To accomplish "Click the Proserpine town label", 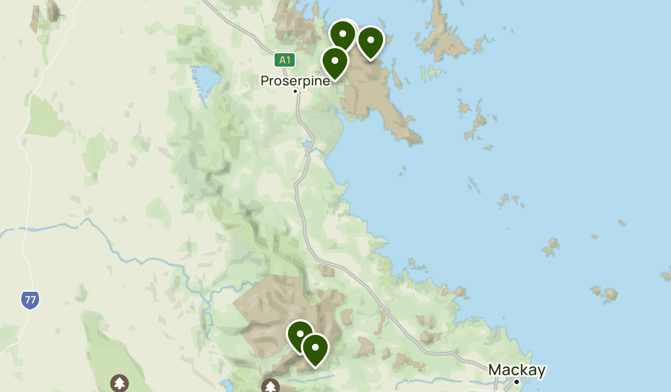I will click(295, 81).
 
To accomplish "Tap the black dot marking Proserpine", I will click(295, 91).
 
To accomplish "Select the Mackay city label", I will click(517, 370).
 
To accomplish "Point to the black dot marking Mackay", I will click(517, 382).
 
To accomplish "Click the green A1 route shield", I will click(285, 60).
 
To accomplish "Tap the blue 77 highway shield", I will click(30, 300).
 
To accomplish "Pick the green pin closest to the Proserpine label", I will click(335, 62).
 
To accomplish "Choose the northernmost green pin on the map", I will click(343, 34).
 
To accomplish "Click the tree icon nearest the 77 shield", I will click(119, 384).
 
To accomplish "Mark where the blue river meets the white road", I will click(25, 229).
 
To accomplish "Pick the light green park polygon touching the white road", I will click(45, 118).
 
